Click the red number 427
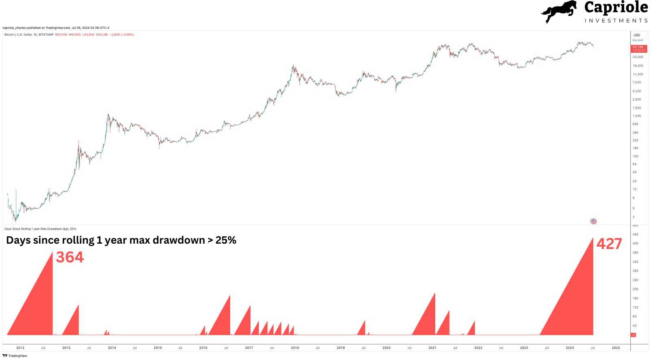click(x=609, y=244)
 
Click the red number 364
click(x=70, y=257)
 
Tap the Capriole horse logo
click(x=559, y=12)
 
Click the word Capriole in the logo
click(x=616, y=7)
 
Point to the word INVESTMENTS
click(x=616, y=20)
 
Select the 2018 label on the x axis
click(x=295, y=348)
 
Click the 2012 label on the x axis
click(x=20, y=348)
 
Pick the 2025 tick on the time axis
click(x=616, y=348)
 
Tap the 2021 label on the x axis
click(x=432, y=348)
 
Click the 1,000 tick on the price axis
click(x=637, y=116)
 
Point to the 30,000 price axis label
click(x=638, y=57)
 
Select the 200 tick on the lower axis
click(x=636, y=289)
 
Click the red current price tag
click(x=638, y=48)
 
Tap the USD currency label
click(x=637, y=35)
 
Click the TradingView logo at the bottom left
click(x=15, y=356)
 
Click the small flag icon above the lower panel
click(x=593, y=221)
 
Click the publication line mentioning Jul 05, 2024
click(x=56, y=28)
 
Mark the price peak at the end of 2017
click(x=293, y=65)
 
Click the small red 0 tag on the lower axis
click(x=633, y=335)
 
